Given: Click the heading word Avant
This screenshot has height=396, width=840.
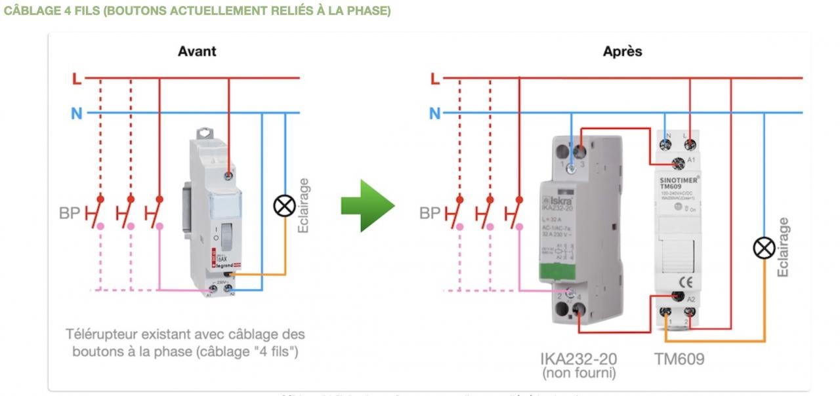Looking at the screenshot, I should coord(197,51).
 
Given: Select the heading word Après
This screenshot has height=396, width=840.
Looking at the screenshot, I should coord(622,51).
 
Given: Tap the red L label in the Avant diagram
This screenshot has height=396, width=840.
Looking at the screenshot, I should coord(77,79).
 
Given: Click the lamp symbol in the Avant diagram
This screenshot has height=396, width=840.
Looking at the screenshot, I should coord(284,207).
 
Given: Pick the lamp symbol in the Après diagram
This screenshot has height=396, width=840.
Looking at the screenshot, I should coord(764,248).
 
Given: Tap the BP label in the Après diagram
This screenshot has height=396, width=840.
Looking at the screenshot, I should coord(430,214).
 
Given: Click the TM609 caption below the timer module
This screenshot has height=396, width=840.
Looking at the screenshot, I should coord(679,359).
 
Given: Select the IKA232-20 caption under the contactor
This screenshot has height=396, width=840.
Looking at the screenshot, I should coord(578,359).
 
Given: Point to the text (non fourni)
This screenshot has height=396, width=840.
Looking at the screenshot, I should coord(578,374).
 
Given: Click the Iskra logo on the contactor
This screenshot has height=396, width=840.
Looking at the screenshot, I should coord(558,199).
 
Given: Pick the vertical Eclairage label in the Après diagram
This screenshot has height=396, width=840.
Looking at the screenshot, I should coord(783,247).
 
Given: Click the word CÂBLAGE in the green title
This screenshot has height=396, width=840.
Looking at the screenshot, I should coord(30,12).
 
